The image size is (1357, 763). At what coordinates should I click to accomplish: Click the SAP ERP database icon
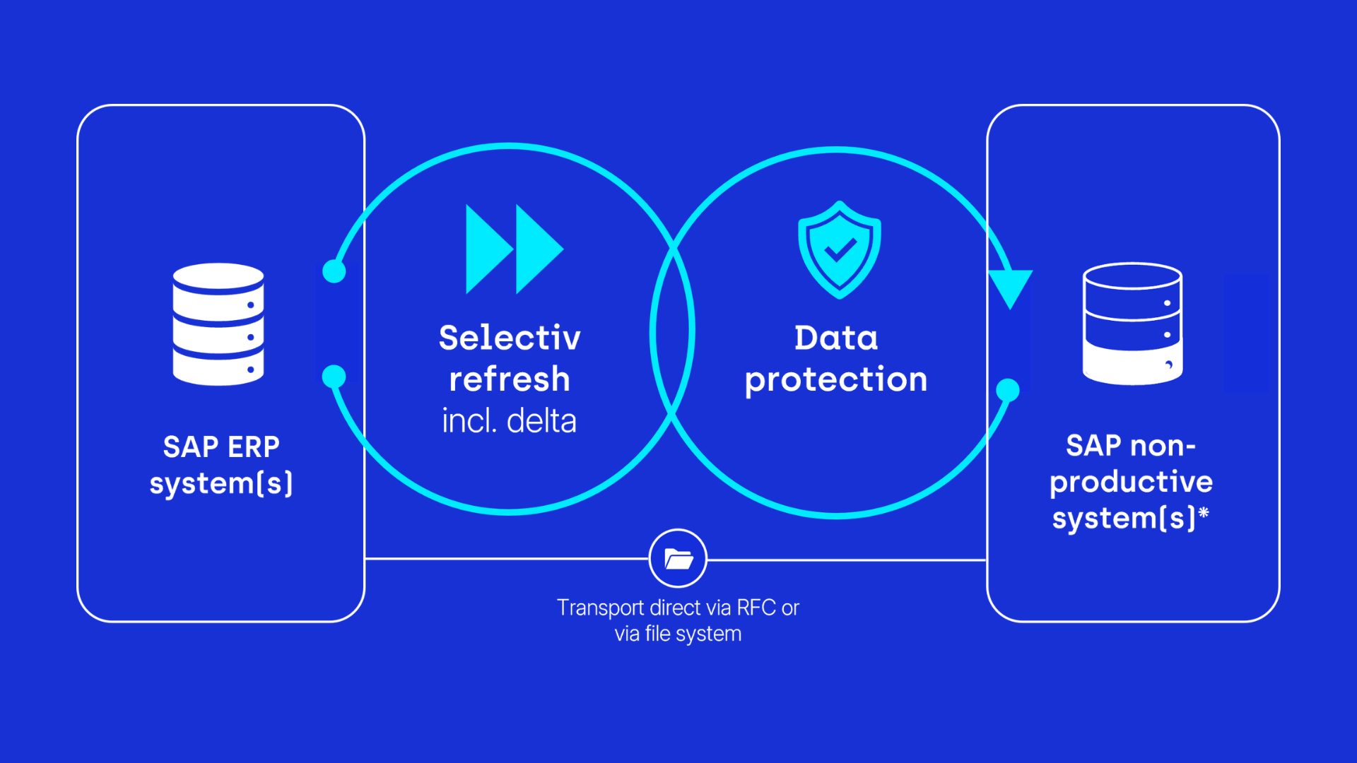(218, 324)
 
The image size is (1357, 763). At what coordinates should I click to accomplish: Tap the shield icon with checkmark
(840, 249)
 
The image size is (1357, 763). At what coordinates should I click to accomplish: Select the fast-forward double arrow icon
(515, 249)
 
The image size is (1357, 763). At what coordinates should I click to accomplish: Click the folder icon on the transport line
(678, 559)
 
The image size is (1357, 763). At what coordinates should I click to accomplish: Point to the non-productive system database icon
(1132, 324)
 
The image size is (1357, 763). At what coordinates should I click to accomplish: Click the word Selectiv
(510, 338)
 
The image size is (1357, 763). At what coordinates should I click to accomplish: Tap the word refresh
(510, 379)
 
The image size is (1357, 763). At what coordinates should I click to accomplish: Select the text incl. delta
(510, 421)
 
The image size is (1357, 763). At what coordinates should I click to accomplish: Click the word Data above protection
(836, 338)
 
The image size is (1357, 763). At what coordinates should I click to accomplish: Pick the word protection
(836, 381)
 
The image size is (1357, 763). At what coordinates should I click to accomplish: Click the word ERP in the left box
(254, 446)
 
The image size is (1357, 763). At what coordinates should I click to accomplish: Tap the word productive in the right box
(1131, 483)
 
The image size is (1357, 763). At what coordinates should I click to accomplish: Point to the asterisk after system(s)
(1204, 512)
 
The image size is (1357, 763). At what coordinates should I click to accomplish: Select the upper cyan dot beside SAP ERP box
(334, 271)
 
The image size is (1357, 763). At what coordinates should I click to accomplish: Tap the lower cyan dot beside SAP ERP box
(334, 377)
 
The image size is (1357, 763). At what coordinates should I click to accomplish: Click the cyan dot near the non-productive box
(1008, 390)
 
